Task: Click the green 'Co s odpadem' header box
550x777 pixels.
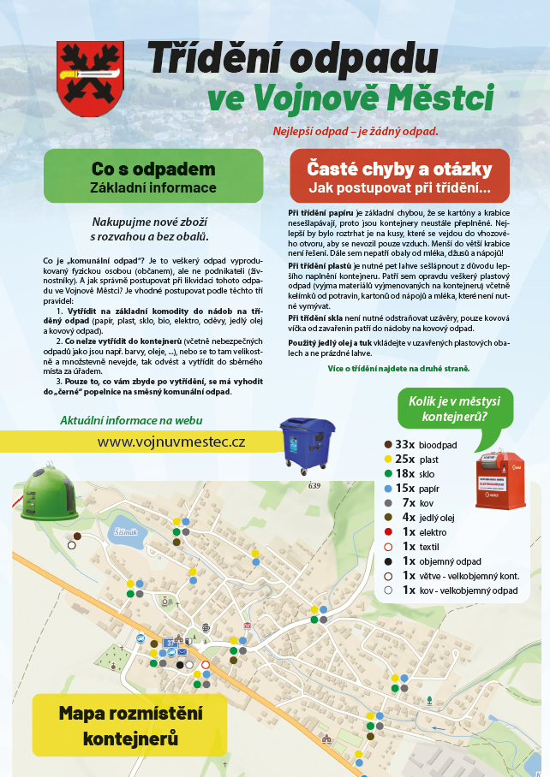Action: click(x=153, y=176)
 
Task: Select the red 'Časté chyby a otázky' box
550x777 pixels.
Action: click(x=399, y=176)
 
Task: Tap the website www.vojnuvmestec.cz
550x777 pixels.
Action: click(x=171, y=442)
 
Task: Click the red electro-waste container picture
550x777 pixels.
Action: click(x=501, y=481)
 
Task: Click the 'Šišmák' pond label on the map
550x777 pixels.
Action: click(x=125, y=532)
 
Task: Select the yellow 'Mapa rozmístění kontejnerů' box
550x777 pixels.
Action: click(x=130, y=724)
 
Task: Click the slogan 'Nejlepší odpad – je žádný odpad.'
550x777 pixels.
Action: click(x=356, y=132)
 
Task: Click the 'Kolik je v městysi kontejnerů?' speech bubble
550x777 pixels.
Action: click(x=455, y=409)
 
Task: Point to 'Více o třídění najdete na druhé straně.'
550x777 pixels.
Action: click(x=398, y=368)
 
